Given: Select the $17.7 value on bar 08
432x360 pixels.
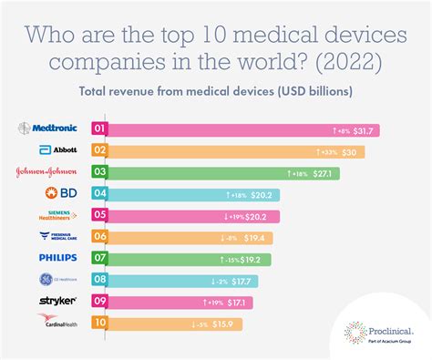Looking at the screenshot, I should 241,280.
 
